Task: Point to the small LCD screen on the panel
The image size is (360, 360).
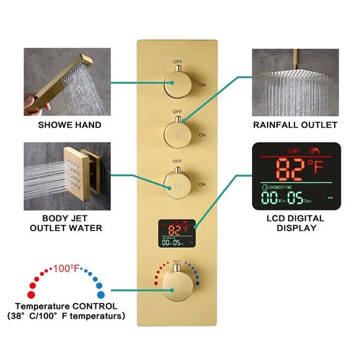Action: [x=177, y=234]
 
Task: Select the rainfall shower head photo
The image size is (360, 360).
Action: [x=295, y=81]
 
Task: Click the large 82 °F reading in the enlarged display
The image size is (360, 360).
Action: [x=292, y=170]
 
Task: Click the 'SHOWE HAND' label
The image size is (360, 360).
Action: [x=70, y=125]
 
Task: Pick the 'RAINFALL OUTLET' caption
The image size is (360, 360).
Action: [x=296, y=125]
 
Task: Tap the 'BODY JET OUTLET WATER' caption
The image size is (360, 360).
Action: [x=66, y=223]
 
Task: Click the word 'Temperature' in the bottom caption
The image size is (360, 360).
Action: [x=40, y=306]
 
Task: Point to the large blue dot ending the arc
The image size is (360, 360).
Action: [x=100, y=294]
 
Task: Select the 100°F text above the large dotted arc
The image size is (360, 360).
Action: [x=66, y=268]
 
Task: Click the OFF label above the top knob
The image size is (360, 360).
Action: [x=177, y=61]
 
